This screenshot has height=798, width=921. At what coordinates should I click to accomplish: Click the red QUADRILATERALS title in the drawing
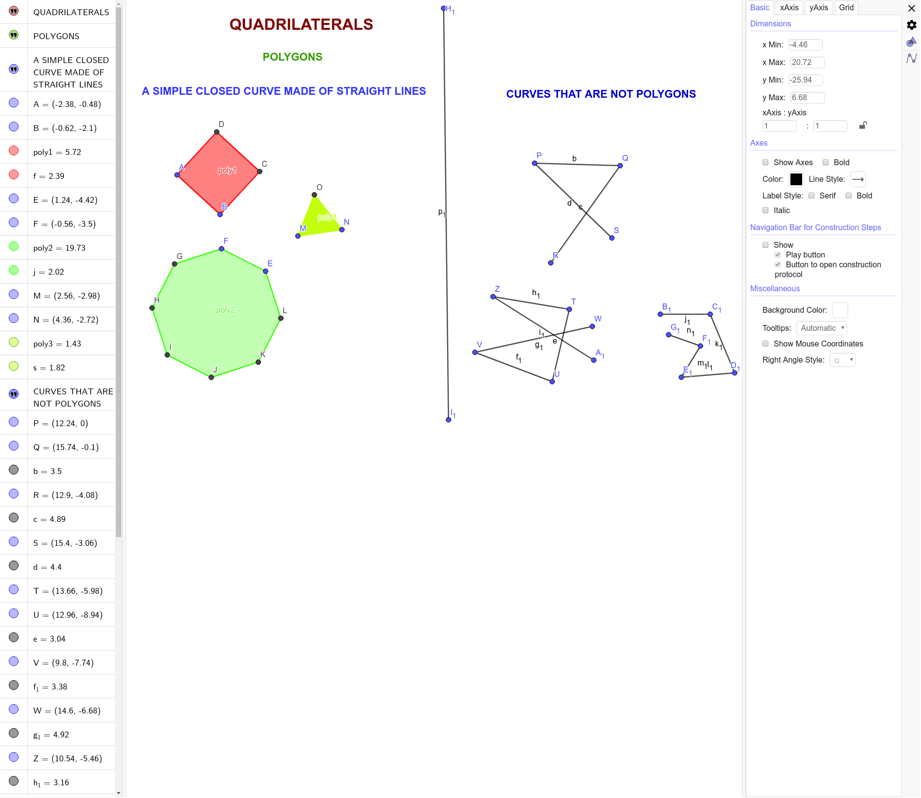[x=301, y=24]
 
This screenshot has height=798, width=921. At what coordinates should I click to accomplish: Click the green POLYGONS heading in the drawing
[x=292, y=57]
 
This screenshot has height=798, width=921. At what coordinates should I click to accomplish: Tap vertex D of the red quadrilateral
[x=217, y=132]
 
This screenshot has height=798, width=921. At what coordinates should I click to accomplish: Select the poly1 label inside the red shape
[x=227, y=171]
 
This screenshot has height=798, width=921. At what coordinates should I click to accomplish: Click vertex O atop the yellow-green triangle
[x=314, y=195]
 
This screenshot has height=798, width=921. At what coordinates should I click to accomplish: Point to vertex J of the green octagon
[x=211, y=377]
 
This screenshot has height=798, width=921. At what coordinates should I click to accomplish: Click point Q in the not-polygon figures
[x=620, y=166]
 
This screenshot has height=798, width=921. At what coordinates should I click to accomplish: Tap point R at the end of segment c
[x=551, y=263]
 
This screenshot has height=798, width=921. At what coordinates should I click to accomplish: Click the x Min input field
[x=805, y=45]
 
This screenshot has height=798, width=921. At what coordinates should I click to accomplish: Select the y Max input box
[x=807, y=98]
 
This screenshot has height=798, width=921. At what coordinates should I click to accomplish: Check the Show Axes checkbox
[x=765, y=162]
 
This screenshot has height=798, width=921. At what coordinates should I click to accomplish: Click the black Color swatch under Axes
[x=796, y=179]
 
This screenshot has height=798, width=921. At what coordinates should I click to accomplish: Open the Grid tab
[x=846, y=8]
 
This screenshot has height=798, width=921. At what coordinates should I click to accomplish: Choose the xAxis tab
[x=789, y=8]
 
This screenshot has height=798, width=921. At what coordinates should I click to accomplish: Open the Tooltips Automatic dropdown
[x=822, y=328]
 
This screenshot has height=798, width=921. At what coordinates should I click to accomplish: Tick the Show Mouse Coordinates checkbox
[x=765, y=344]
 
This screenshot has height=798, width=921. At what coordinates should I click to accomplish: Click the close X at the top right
[x=912, y=8]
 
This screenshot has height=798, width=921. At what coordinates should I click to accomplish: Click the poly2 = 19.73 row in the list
[x=59, y=248]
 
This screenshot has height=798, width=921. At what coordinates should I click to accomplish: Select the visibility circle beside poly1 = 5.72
[x=14, y=151]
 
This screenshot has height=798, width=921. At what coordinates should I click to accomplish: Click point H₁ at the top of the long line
[x=444, y=8]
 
